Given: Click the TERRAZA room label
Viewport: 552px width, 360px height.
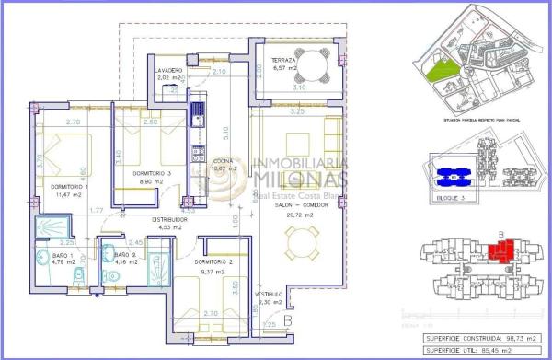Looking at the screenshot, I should coord(282,61).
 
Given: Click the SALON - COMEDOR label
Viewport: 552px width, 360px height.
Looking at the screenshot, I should coord(293,206).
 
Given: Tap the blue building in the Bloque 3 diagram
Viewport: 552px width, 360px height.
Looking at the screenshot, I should coord(451,174).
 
